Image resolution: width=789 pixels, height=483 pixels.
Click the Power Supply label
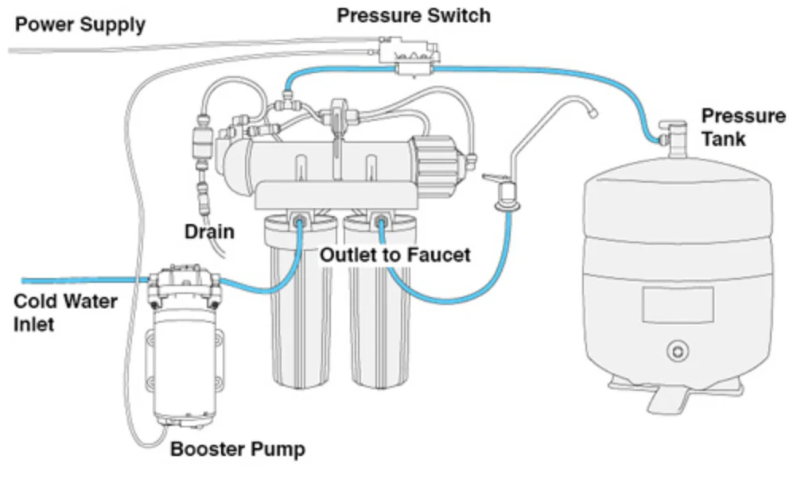(x=80, y=24)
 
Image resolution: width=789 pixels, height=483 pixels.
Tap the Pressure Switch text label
(x=414, y=14)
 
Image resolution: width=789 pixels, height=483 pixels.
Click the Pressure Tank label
(x=743, y=127)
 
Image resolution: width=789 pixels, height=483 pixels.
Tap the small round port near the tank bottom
(x=677, y=349)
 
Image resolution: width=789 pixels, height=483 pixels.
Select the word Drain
(x=209, y=232)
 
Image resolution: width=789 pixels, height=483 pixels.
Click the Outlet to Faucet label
(x=395, y=255)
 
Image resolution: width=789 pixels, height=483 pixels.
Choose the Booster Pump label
(x=238, y=450)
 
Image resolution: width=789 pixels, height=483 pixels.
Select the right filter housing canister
(x=376, y=318)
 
